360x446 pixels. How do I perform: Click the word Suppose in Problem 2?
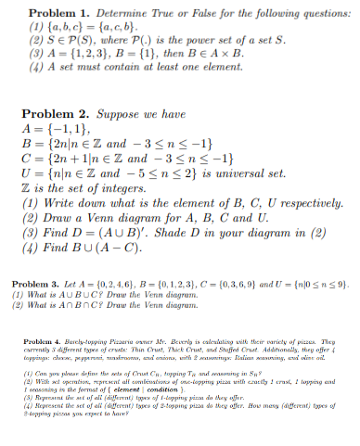click(127, 114)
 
